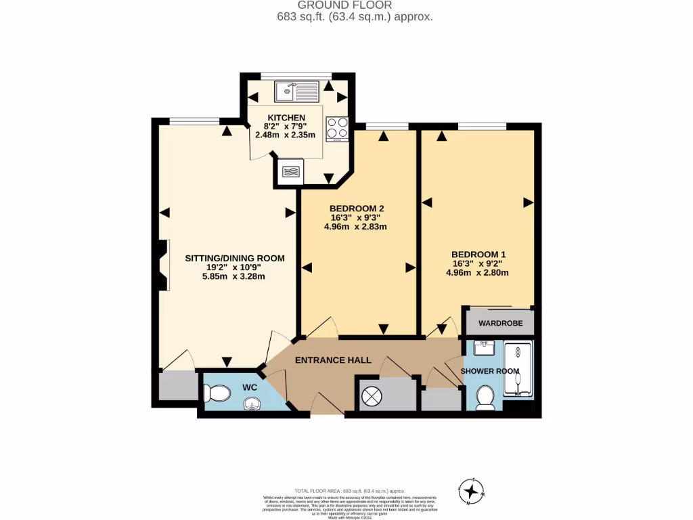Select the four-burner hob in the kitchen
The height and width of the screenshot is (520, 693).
337,128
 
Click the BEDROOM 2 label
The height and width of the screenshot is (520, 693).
358,208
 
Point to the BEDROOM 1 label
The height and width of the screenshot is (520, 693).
478,254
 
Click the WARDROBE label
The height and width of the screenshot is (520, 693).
500,323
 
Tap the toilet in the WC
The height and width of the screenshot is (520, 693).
217,393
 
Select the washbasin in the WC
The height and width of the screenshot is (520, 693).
252,404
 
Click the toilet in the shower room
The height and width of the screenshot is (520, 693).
485,397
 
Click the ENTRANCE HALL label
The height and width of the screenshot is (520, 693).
333,360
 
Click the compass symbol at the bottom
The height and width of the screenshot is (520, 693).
471,490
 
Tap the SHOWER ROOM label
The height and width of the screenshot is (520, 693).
490,371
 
